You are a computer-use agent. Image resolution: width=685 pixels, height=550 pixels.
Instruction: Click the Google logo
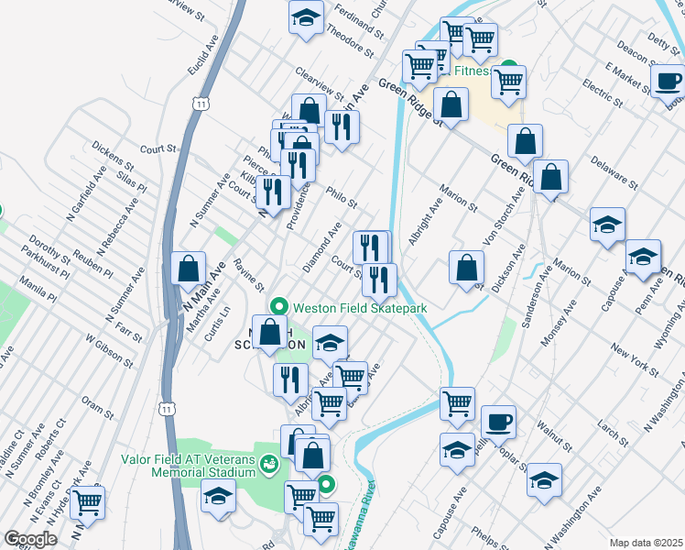(30, 538)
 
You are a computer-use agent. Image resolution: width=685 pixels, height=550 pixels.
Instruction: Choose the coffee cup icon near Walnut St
(498, 423)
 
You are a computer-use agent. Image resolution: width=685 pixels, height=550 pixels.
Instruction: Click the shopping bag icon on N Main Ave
(188, 269)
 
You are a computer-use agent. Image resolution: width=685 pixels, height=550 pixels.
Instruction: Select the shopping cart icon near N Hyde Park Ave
(87, 501)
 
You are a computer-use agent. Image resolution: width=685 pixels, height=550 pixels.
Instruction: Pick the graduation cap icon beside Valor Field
(218, 496)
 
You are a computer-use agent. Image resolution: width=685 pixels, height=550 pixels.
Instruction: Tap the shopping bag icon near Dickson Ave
(467, 268)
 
